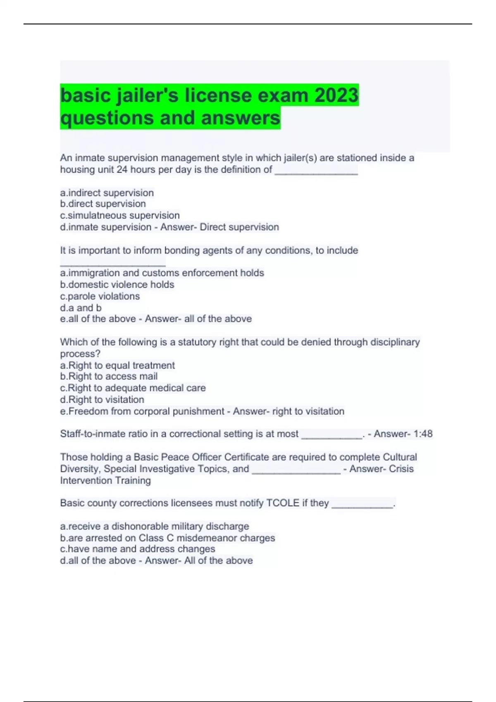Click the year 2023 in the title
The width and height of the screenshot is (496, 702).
click(x=336, y=95)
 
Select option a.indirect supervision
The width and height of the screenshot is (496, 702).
click(x=107, y=193)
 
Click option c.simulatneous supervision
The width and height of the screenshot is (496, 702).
click(x=120, y=216)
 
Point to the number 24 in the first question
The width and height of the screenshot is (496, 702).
click(x=122, y=170)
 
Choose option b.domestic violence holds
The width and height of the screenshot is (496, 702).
click(x=117, y=285)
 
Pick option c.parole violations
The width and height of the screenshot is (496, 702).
click(x=100, y=296)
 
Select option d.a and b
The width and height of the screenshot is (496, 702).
click(x=81, y=308)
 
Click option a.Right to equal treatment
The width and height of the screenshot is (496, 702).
click(x=117, y=365)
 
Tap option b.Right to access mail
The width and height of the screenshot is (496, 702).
click(x=109, y=376)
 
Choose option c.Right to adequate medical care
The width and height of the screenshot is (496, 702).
click(x=133, y=388)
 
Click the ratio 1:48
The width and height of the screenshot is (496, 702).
click(x=423, y=434)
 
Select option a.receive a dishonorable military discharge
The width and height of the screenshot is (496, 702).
click(x=155, y=526)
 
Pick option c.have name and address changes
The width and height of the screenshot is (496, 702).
click(x=138, y=549)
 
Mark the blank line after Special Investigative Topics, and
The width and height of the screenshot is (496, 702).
click(x=296, y=471)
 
